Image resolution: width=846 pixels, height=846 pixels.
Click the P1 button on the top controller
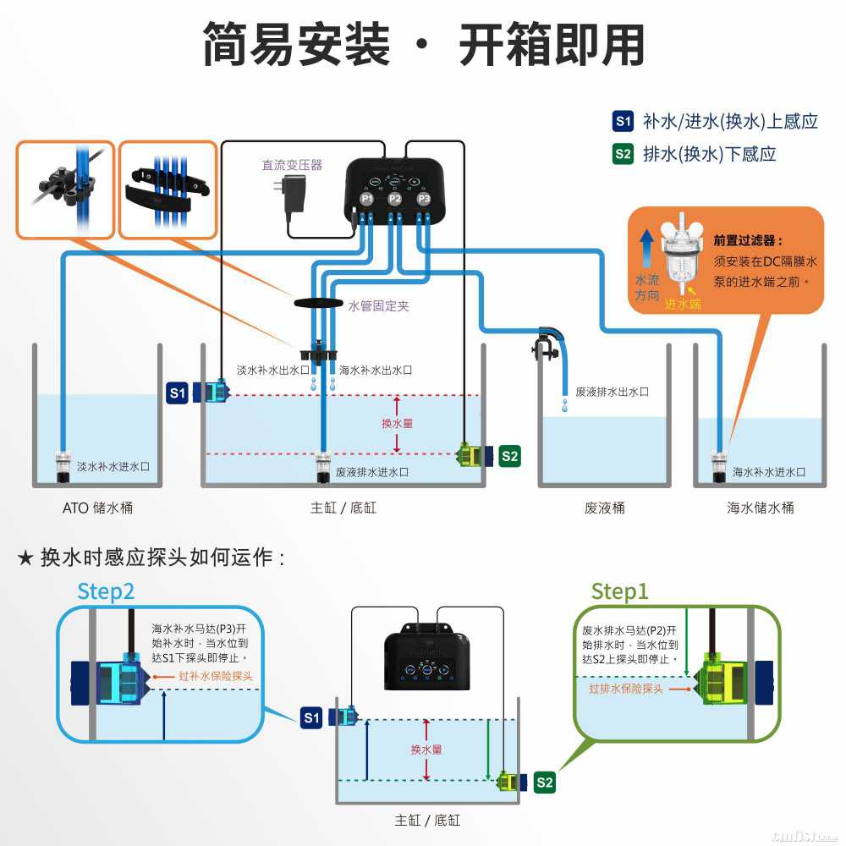pyautogui.click(x=366, y=199)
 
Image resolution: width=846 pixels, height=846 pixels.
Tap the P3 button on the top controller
pyautogui.click(x=425, y=199)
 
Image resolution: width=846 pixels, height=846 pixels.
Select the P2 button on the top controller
pyautogui.click(x=395, y=199)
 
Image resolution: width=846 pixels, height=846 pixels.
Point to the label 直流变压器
pyautogui.click(x=292, y=165)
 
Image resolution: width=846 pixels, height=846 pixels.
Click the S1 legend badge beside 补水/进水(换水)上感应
pyautogui.click(x=624, y=121)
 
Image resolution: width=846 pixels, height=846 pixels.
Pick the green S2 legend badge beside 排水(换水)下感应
pyautogui.click(x=624, y=153)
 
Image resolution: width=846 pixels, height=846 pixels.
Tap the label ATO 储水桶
pyautogui.click(x=97, y=508)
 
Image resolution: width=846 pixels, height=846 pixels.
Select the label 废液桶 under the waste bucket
pyautogui.click(x=604, y=508)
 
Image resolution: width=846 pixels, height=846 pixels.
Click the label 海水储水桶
pyautogui.click(x=761, y=508)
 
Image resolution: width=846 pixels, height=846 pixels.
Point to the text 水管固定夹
pyautogui.click(x=378, y=306)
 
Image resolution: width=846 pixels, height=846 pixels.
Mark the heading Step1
pyautogui.click(x=619, y=591)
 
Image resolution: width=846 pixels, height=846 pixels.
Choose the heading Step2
pyautogui.click(x=106, y=591)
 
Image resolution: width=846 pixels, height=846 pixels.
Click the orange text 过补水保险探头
pyautogui.click(x=216, y=676)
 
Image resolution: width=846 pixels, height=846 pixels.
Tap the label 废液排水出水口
pyautogui.click(x=612, y=392)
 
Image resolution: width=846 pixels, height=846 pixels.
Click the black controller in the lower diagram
pyautogui.click(x=427, y=656)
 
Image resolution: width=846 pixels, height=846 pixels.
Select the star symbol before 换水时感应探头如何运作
pyautogui.click(x=26, y=558)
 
